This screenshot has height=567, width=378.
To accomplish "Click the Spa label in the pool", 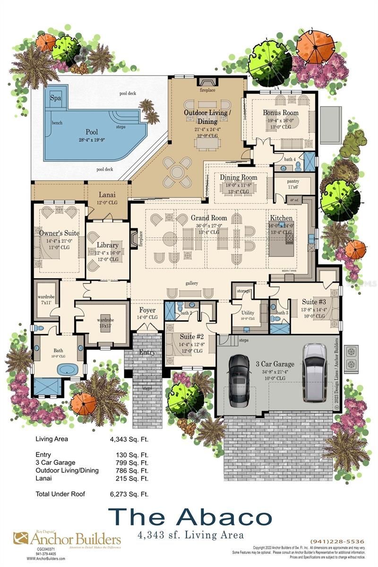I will coord(55,97).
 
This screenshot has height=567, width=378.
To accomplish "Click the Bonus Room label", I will coord(281,113).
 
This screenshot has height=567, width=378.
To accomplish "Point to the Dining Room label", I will coord(239,177).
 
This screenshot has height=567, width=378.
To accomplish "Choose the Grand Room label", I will coord(209,218).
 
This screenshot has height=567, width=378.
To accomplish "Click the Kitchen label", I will coord(281,218).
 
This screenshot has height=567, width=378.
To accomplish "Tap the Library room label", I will coord(107,245).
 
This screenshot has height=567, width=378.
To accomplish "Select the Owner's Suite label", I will coord(60,233).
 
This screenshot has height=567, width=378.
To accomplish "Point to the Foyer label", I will coord(147,310).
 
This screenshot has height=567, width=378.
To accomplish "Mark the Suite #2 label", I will coord(191,337).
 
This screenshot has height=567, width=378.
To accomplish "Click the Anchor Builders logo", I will coord(67,539).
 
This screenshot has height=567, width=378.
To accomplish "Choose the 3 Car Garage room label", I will coord(275,364).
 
